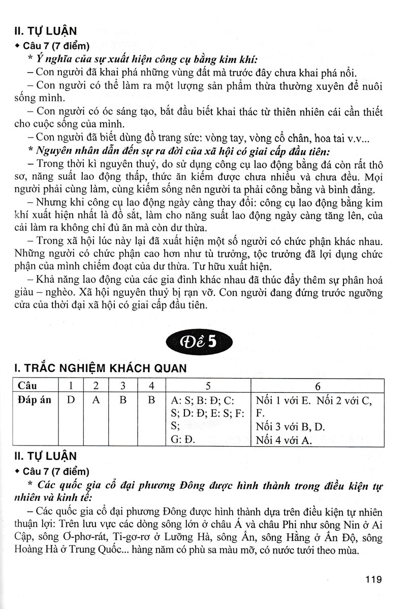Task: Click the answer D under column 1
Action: tap(70, 400)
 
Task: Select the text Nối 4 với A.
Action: tap(284, 440)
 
